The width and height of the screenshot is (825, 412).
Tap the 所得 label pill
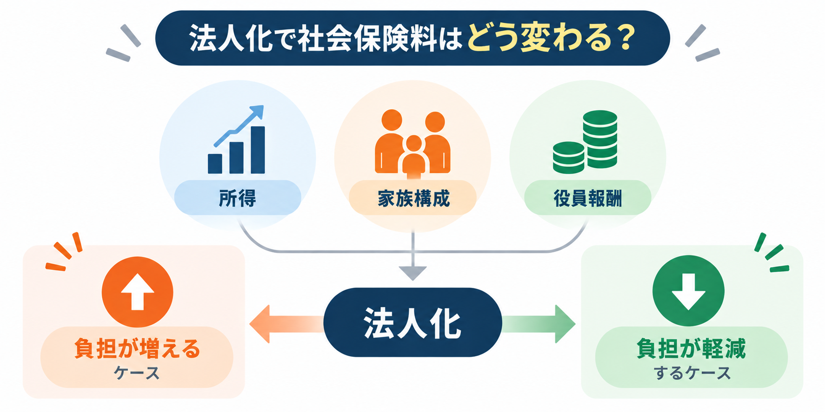pos(238,198)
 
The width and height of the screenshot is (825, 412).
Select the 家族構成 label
pos(413,198)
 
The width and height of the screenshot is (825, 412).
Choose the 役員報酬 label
pos(588,198)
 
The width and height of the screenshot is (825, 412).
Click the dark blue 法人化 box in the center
pos(412,322)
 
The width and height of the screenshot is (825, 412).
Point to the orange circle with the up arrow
pos(137,292)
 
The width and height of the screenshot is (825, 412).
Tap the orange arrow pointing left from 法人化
pos(286,324)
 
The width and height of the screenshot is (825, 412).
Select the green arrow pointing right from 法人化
pos(539,324)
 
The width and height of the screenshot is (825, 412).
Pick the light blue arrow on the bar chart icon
pos(239,125)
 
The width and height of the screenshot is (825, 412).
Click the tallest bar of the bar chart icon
pos(258,150)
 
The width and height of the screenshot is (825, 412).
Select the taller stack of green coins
pos(600,139)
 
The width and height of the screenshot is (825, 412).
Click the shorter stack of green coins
pos(568,157)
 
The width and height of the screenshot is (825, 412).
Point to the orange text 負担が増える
pos(137,348)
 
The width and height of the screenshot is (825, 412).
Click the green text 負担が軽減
pos(691,348)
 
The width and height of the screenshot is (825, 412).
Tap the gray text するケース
pos(692,373)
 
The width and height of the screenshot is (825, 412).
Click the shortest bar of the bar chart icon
pos(215,163)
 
